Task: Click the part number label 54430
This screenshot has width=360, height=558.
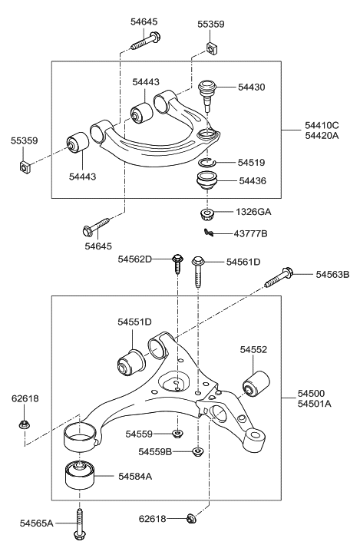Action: pyautogui.click(x=252, y=87)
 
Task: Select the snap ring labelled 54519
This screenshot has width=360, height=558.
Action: pyautogui.click(x=207, y=162)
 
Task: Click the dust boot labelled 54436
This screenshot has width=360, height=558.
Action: pyautogui.click(x=207, y=181)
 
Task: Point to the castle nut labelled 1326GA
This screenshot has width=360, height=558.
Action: pyautogui.click(x=206, y=214)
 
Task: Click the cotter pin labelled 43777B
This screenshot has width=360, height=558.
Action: pyautogui.click(x=210, y=233)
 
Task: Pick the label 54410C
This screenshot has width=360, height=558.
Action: pyautogui.click(x=322, y=125)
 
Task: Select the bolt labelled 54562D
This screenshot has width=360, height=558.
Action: pyautogui.click(x=177, y=264)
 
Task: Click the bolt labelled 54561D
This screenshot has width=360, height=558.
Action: pyautogui.click(x=198, y=271)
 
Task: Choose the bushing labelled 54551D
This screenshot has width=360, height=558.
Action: pyautogui.click(x=131, y=364)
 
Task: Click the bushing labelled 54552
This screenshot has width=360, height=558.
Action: pyautogui.click(x=256, y=384)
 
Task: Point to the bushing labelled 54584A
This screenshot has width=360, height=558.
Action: pyautogui.click(x=79, y=475)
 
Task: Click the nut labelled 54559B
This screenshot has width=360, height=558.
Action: pyautogui.click(x=197, y=451)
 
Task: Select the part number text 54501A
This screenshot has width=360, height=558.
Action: pyautogui.click(x=315, y=404)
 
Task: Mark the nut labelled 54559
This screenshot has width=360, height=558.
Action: pyautogui.click(x=177, y=434)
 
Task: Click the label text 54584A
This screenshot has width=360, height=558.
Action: pyautogui.click(x=135, y=476)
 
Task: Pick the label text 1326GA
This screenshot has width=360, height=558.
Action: pyautogui.click(x=253, y=212)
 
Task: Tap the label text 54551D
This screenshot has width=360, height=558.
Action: pyautogui.click(x=135, y=322)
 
